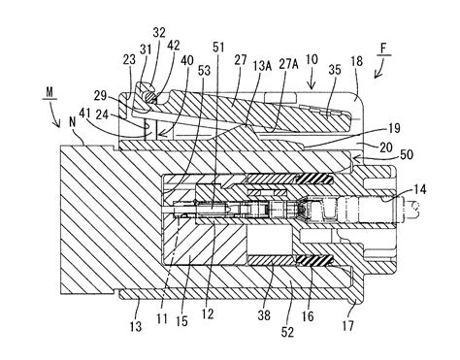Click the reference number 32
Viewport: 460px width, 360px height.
[159, 32]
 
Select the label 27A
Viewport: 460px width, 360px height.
[288, 65]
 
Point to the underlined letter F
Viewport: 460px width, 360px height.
[384, 49]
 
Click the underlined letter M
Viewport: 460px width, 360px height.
[49, 92]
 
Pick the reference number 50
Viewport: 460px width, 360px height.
[407, 154]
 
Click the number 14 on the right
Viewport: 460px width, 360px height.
[420, 189]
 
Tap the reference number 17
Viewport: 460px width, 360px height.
[348, 326]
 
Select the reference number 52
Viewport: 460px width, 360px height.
[287, 332]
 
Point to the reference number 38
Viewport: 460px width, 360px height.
[264, 315]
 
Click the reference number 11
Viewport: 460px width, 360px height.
[162, 318]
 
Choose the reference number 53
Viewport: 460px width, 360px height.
[204, 71]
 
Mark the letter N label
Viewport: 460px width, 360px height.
[72, 122]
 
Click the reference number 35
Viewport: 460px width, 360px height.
[335, 70]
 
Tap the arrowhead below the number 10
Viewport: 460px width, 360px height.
[312, 86]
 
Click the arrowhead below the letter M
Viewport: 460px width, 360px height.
[58, 124]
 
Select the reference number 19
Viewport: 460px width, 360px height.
[393, 128]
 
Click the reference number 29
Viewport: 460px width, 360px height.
[100, 96]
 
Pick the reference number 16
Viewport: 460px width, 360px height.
[308, 316]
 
